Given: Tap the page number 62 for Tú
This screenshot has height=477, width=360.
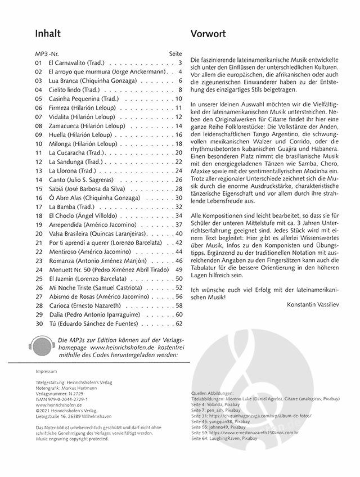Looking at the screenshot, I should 179,323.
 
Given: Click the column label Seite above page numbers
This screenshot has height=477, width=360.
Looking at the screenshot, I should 176,53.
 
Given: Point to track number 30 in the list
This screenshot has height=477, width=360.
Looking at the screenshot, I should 38,323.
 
